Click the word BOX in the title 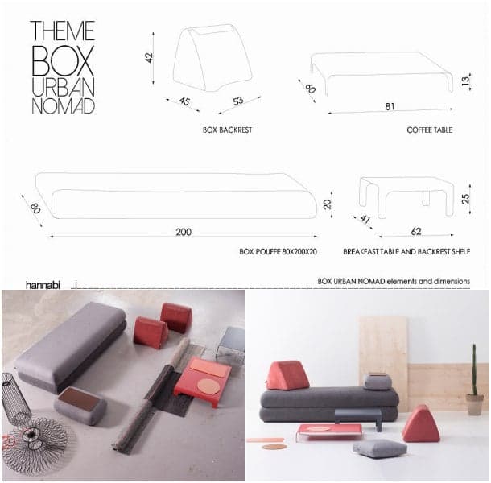[x=63, y=60]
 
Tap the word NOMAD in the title [x=64, y=106]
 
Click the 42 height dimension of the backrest [x=150, y=58]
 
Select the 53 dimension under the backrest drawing [x=238, y=101]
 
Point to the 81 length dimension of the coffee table [x=390, y=107]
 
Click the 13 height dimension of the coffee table [x=465, y=80]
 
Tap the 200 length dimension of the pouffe [x=184, y=232]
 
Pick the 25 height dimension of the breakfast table [x=465, y=199]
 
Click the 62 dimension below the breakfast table [x=416, y=232]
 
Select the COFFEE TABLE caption [x=430, y=130]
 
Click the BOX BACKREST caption [x=227, y=130]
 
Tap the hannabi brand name [x=43, y=285]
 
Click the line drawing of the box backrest [x=212, y=58]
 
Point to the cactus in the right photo [x=474, y=370]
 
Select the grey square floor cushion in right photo [x=380, y=448]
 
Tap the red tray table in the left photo [x=203, y=382]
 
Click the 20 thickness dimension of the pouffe [x=328, y=204]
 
